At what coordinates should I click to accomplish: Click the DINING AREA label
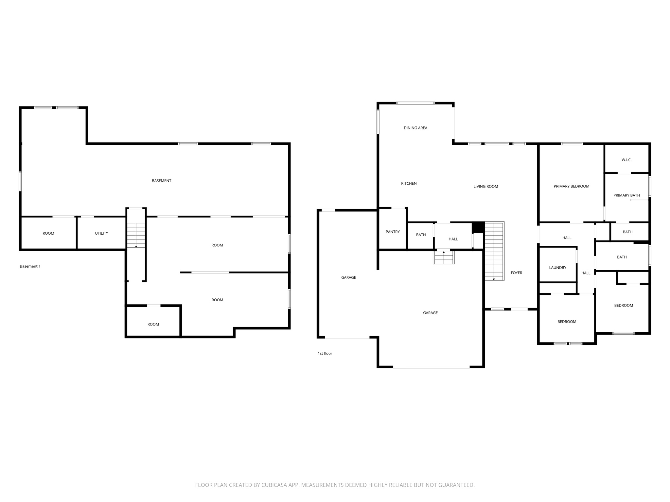click(x=415, y=128)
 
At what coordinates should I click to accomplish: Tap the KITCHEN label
click(x=409, y=183)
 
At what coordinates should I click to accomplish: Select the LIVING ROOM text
click(x=486, y=187)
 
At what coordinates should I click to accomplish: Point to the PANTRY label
click(x=393, y=232)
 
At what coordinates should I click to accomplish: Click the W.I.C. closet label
click(x=626, y=160)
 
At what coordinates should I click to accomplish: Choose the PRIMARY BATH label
click(x=626, y=195)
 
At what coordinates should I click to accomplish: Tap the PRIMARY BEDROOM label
click(x=572, y=186)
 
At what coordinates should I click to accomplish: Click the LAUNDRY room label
click(x=558, y=268)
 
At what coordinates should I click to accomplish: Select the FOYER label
click(x=517, y=273)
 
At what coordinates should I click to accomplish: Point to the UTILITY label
click(x=101, y=233)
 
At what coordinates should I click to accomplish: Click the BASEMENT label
click(x=162, y=181)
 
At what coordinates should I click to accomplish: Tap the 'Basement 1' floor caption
click(x=30, y=266)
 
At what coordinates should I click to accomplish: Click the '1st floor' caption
click(x=325, y=353)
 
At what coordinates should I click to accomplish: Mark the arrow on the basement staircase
click(x=136, y=246)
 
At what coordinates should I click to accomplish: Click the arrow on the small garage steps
click(x=444, y=252)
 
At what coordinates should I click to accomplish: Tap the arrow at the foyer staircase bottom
click(x=494, y=279)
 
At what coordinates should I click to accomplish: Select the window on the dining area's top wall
click(x=415, y=103)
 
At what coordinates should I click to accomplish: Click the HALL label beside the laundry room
click(x=586, y=273)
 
